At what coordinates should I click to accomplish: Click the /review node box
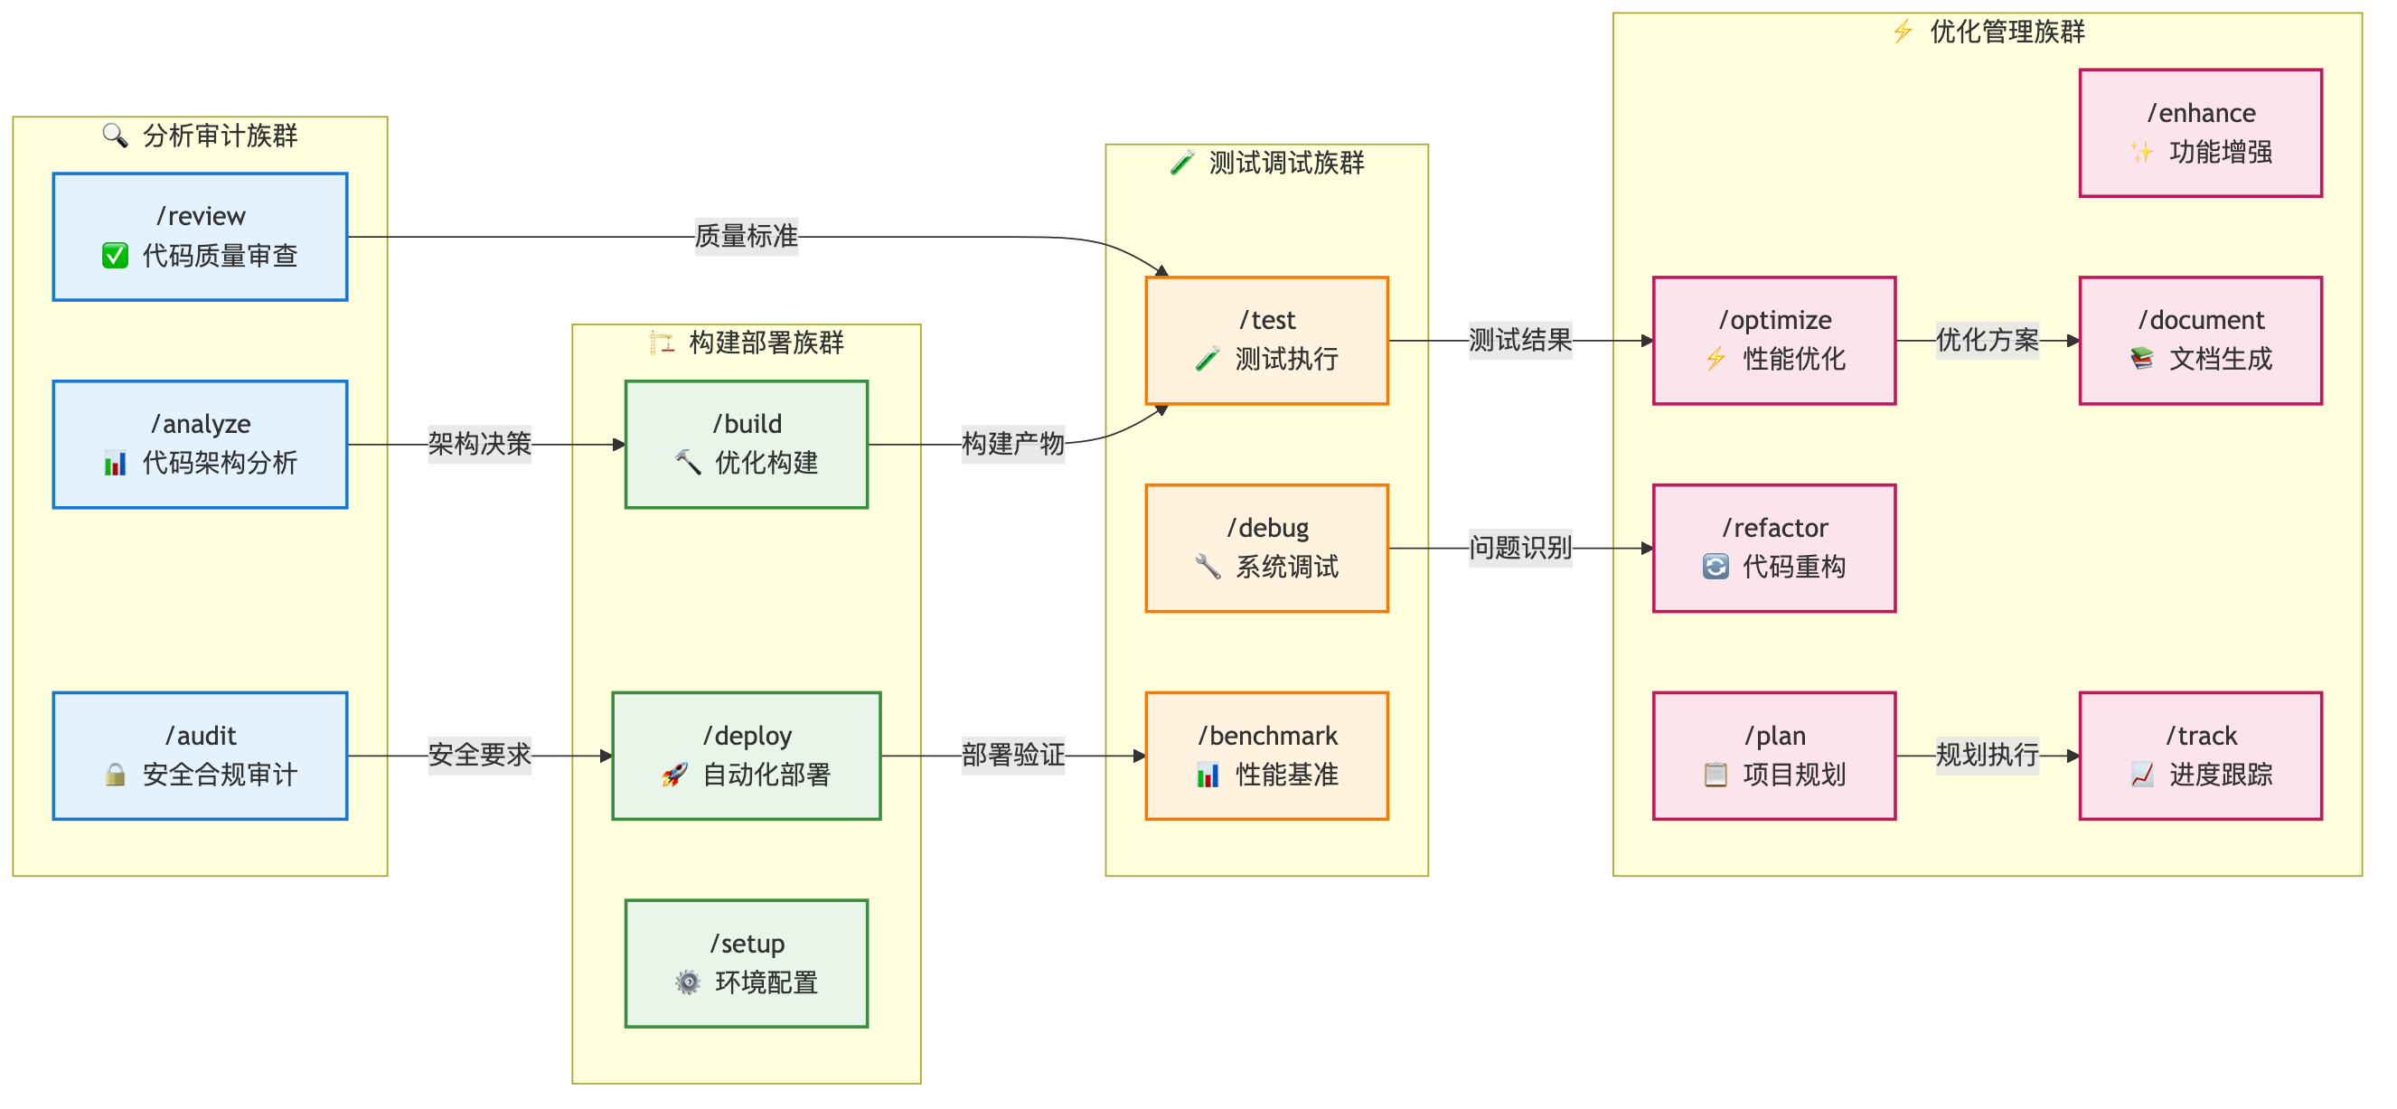pyautogui.click(x=200, y=236)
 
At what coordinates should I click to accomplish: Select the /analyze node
pyautogui.click(x=200, y=444)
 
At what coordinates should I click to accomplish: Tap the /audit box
pyautogui.click(x=200, y=756)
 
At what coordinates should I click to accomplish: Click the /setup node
pyautogui.click(x=747, y=963)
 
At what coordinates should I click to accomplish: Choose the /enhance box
pyautogui.click(x=2200, y=133)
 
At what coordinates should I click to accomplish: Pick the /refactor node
pyautogui.click(x=1773, y=548)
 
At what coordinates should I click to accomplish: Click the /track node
pyautogui.click(x=2200, y=756)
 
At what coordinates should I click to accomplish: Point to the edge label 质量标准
pyautogui.click(x=747, y=236)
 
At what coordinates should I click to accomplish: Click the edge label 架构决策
pyautogui.click(x=479, y=444)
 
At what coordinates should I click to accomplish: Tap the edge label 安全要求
pyautogui.click(x=479, y=755)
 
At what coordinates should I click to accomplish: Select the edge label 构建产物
pyautogui.click(x=1012, y=444)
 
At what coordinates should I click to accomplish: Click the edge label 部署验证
pyautogui.click(x=1012, y=755)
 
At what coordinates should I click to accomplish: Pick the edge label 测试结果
pyautogui.click(x=1519, y=341)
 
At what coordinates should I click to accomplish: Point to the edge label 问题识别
pyautogui.click(x=1519, y=548)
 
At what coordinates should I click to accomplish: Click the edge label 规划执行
pyautogui.click(x=1987, y=755)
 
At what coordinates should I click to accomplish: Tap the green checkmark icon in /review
pyautogui.click(x=116, y=256)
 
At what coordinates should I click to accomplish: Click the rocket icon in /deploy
pyautogui.click(x=674, y=774)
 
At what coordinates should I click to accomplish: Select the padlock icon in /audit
pyautogui.click(x=116, y=774)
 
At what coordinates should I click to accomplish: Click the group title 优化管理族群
pyautogui.click(x=2007, y=33)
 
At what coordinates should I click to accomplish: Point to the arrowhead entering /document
pyautogui.click(x=2073, y=341)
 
